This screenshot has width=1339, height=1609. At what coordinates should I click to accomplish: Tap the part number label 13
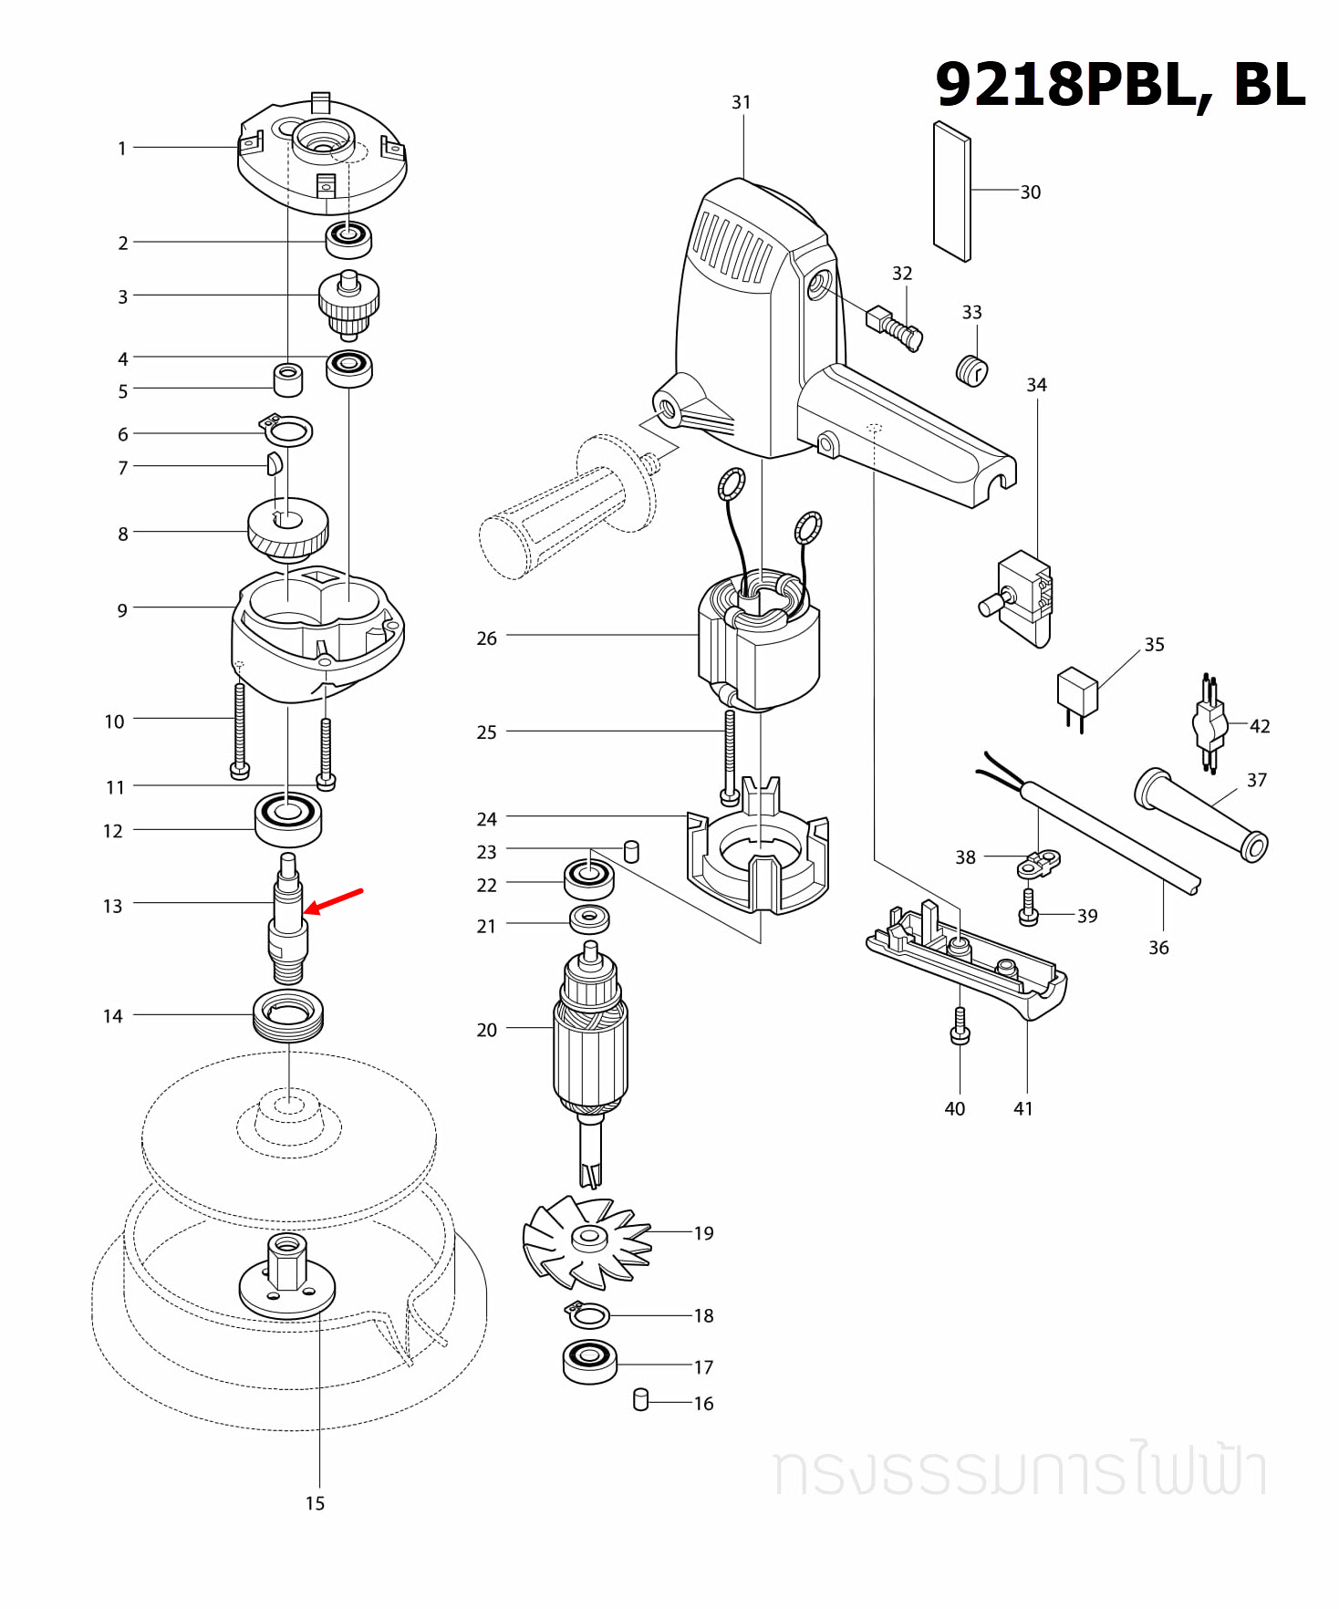112,906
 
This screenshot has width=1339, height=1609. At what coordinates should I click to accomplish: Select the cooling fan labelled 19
587,1240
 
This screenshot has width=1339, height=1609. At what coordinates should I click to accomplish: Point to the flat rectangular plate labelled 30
952,192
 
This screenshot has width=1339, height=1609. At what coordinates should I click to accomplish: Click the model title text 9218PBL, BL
1120,84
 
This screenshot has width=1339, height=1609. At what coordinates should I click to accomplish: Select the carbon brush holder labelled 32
894,326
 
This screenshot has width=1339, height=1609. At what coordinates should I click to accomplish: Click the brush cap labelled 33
971,370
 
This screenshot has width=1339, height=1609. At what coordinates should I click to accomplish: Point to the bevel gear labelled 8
288,529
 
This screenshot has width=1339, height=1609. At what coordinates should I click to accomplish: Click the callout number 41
1023,1108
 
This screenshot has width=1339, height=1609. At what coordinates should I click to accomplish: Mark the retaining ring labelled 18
588,1315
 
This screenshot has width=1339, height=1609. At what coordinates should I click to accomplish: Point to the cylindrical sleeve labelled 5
288,379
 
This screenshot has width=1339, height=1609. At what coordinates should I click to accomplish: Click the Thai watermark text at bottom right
1020,1470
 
